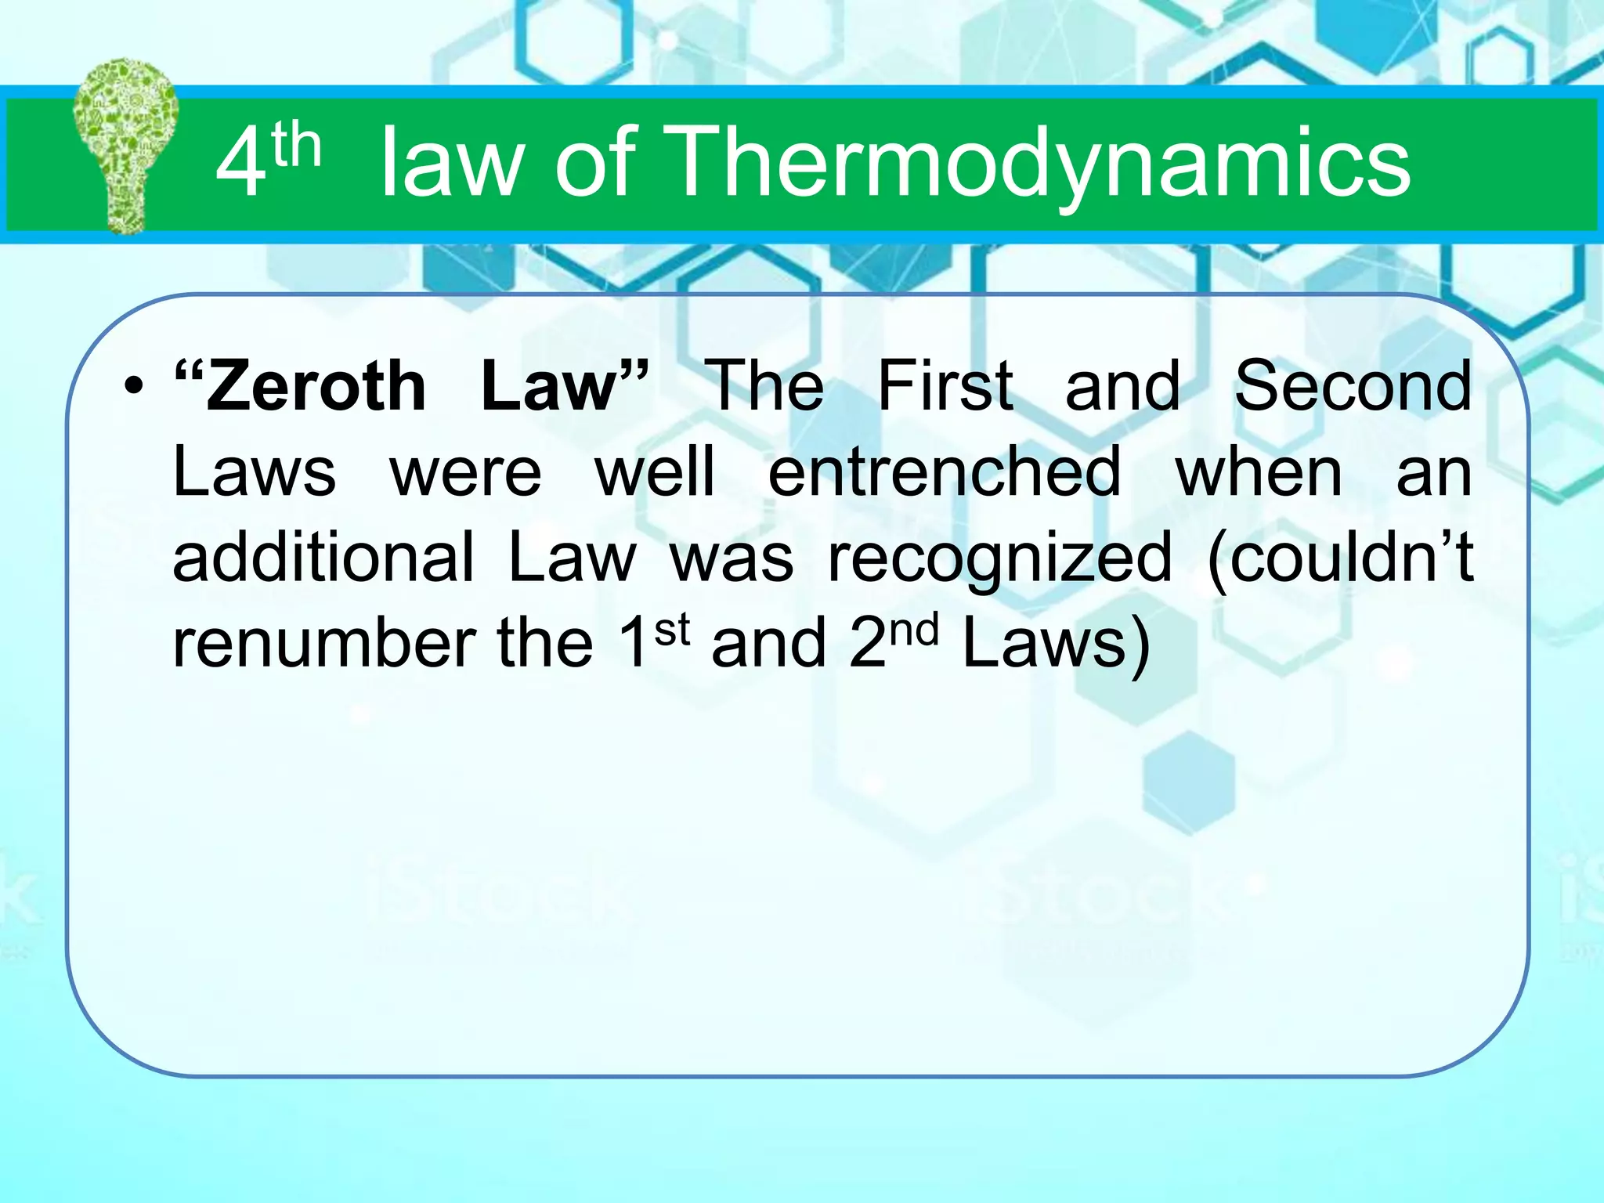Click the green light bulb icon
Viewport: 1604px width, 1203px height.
pyautogui.click(x=125, y=146)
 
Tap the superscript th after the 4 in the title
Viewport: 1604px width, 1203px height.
pyautogui.click(x=297, y=146)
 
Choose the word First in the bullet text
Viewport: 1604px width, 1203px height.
pyautogui.click(x=945, y=385)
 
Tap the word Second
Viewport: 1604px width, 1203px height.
pyautogui.click(x=1353, y=385)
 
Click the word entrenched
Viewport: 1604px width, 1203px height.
pyautogui.click(x=944, y=471)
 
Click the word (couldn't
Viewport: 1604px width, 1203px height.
pyautogui.click(x=1340, y=557)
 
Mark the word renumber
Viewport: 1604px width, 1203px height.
pyautogui.click(x=324, y=643)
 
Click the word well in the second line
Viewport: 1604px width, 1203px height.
pyautogui.click(x=655, y=471)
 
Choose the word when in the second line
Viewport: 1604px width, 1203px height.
pyautogui.click(x=1259, y=471)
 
